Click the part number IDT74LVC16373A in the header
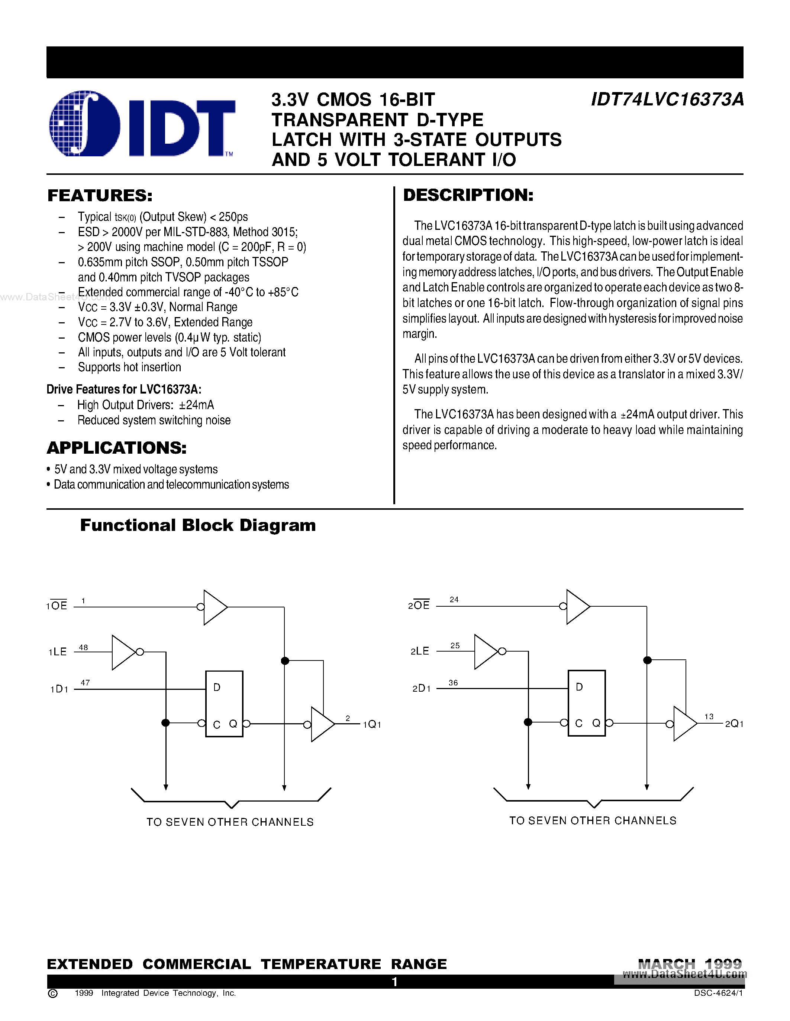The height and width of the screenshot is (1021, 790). [x=667, y=100]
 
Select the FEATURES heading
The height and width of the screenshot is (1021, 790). [x=100, y=195]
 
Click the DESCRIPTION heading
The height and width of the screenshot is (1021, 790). [x=468, y=195]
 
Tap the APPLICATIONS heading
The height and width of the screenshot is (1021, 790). [x=116, y=448]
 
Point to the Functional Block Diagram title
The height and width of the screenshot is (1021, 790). [x=197, y=525]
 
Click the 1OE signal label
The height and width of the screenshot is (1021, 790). [x=57, y=606]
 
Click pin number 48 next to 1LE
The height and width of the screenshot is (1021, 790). [x=83, y=647]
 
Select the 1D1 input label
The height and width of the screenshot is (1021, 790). [x=59, y=689]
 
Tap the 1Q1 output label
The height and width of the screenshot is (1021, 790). [x=372, y=725]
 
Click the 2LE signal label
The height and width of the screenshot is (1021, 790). [x=420, y=651]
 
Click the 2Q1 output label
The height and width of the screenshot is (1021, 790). [x=734, y=724]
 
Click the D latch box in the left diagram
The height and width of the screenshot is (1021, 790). [x=224, y=704]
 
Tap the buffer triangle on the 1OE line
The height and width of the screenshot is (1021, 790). [x=215, y=607]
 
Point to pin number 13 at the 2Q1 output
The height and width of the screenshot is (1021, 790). [x=709, y=716]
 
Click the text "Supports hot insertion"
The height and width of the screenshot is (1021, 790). [x=129, y=368]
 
